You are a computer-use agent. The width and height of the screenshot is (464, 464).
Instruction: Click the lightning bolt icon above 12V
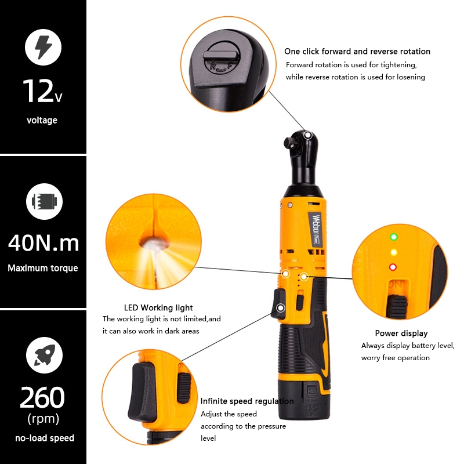tap(43, 48)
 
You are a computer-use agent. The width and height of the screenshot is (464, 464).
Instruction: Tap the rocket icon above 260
tap(45, 355)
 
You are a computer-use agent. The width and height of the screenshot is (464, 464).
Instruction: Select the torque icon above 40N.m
tap(45, 201)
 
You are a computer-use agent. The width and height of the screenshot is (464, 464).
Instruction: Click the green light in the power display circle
tap(394, 237)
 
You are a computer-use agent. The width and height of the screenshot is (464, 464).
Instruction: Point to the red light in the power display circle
tap(393, 267)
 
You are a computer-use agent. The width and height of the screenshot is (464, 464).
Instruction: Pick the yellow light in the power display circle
tap(393, 252)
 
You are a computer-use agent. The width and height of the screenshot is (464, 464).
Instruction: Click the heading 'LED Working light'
tap(158, 308)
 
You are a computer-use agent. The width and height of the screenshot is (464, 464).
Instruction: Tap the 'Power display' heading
tap(401, 333)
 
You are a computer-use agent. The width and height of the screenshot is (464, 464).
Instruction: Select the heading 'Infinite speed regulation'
tap(247, 401)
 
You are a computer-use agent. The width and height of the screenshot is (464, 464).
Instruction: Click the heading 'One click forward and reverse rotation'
tap(357, 52)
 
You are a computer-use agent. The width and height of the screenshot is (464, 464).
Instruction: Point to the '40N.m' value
tap(43, 243)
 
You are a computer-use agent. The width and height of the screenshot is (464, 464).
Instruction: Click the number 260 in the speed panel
tap(42, 397)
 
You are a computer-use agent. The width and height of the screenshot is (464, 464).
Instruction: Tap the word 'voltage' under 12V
tap(42, 120)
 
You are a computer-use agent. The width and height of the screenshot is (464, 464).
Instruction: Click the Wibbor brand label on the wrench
tap(316, 228)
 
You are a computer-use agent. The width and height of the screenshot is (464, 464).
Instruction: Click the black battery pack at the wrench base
tap(304, 399)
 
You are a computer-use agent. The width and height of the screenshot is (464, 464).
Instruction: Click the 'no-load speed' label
tap(45, 438)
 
